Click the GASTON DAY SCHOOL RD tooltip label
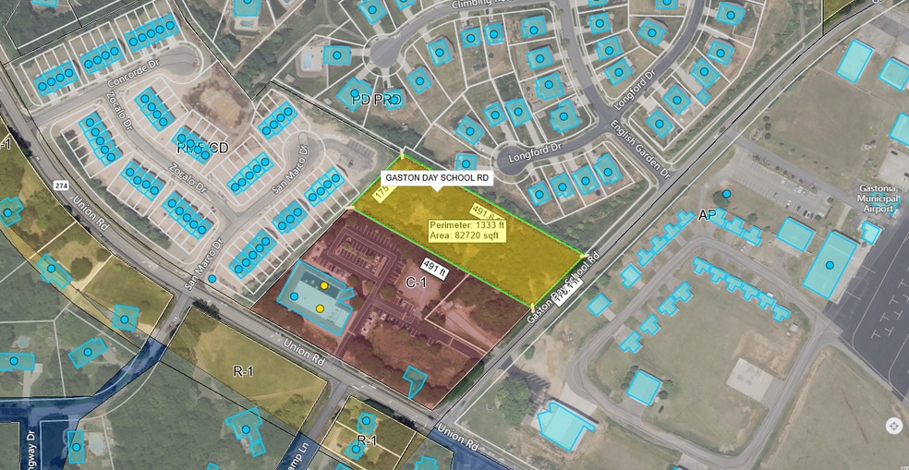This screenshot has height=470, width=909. (437, 177)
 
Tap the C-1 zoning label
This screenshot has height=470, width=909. (415, 282)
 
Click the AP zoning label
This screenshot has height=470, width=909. (709, 215)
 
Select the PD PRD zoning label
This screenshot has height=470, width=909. (377, 100)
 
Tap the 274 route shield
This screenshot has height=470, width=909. (61, 186)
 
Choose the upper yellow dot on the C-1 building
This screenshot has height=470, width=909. (324, 286)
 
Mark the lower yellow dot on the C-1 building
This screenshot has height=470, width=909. (320, 307)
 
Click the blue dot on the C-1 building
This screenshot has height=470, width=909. (295, 296)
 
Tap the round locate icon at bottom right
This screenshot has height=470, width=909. (893, 426)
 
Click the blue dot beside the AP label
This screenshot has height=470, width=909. (727, 194)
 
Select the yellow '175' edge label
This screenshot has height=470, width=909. (380, 192)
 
